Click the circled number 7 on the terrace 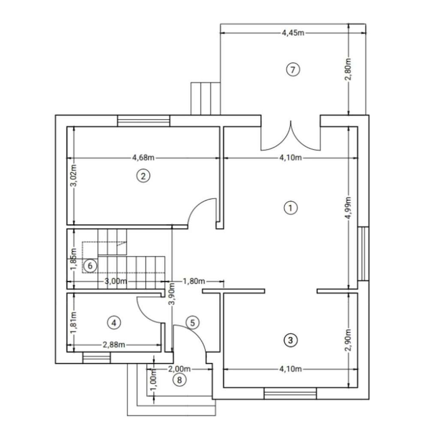tap(292, 69)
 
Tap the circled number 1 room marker tap(291, 208)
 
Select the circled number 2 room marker tap(143, 175)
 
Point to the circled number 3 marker tap(291, 341)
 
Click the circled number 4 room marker tap(114, 323)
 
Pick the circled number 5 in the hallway tap(192, 323)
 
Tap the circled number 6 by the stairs tap(90, 266)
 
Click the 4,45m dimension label tap(293, 33)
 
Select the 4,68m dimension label tap(143, 158)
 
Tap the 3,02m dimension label tap(74, 176)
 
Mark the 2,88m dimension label tap(114, 344)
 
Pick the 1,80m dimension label tap(194, 281)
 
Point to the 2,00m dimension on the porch tap(179, 368)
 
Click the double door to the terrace tap(291, 136)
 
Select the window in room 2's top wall tap(144, 121)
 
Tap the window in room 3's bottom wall tap(290, 393)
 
